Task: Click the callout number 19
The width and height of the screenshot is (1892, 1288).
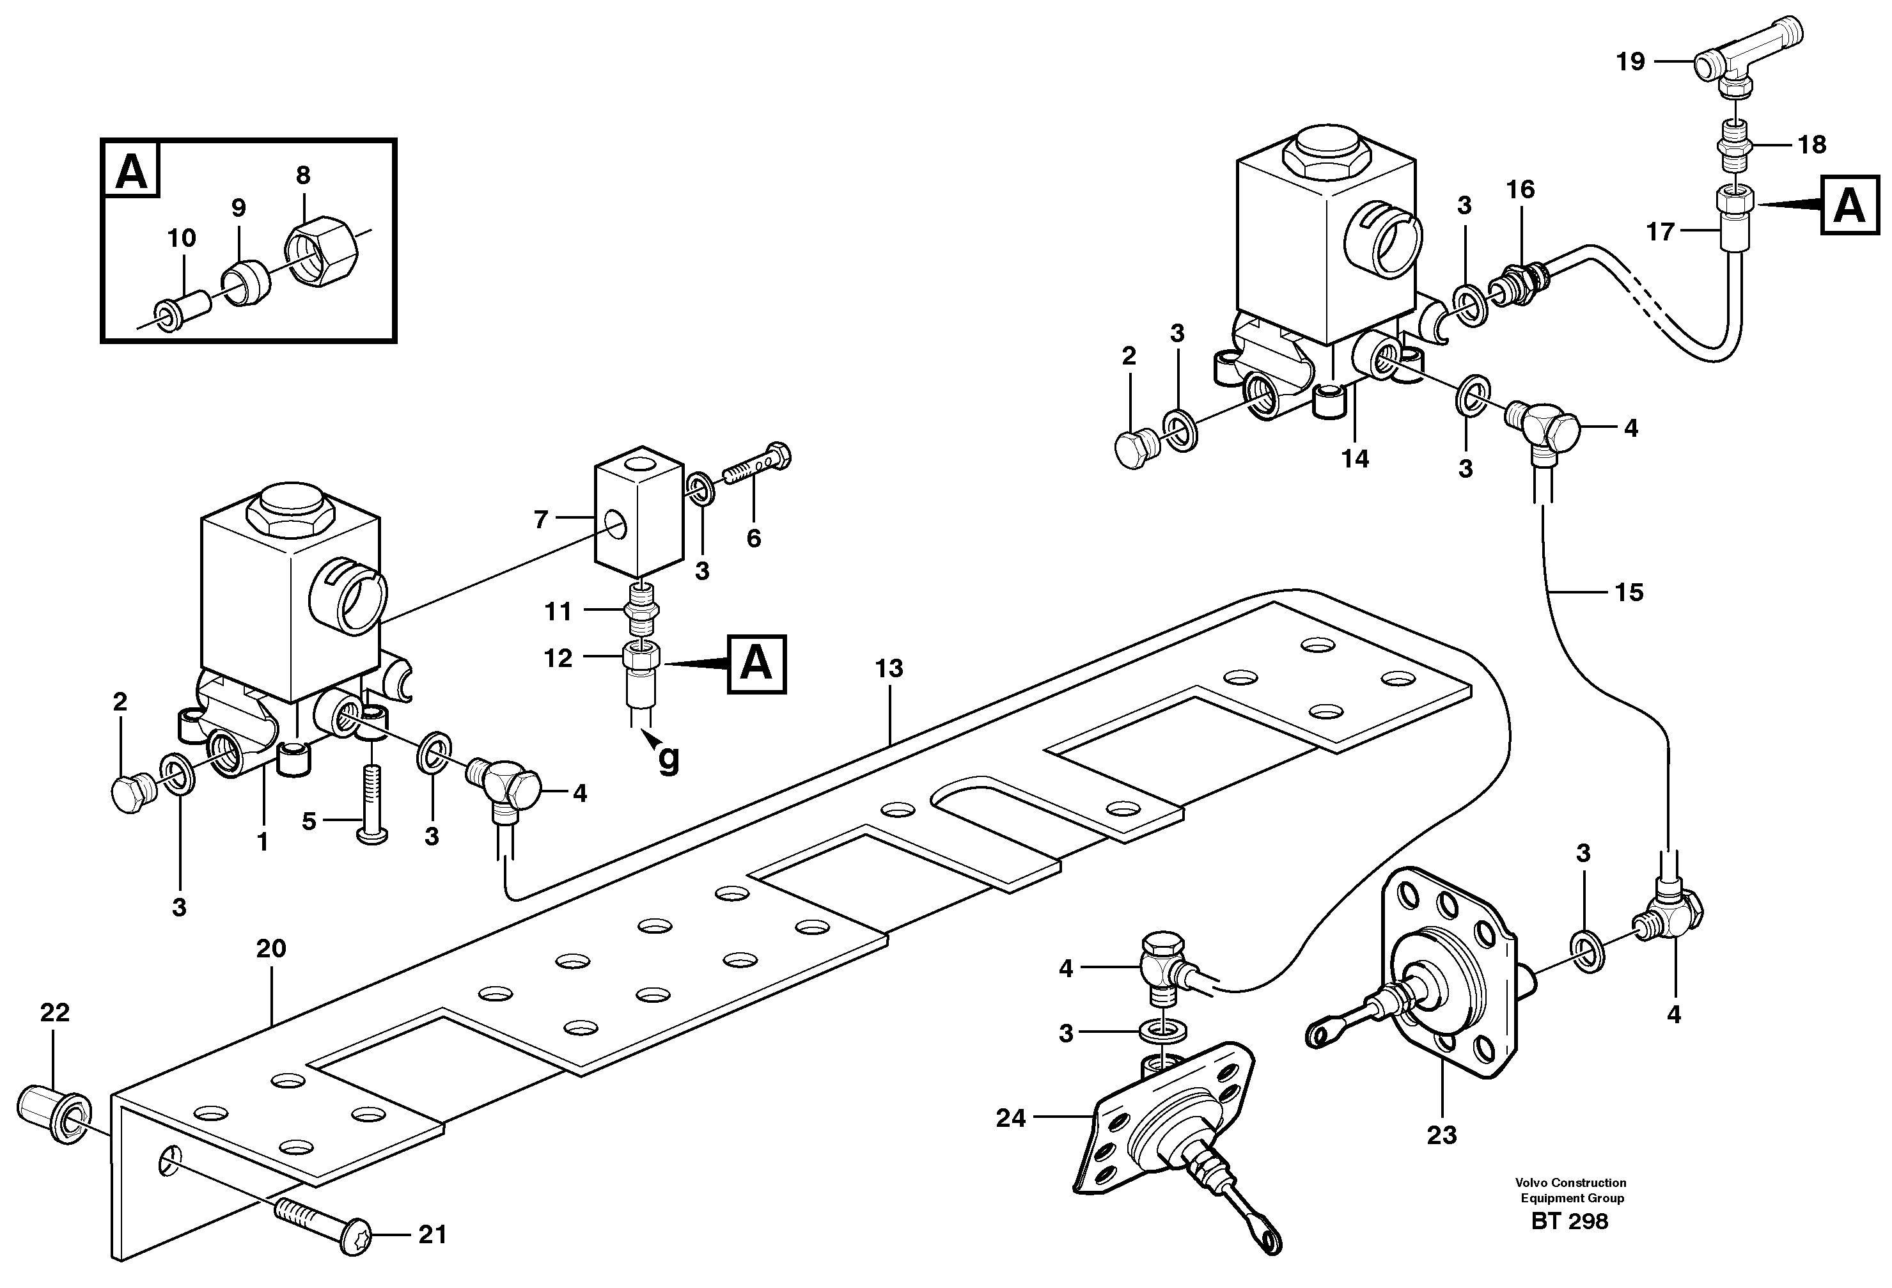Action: pyautogui.click(x=1630, y=62)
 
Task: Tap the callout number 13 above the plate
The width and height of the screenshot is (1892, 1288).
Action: pyautogui.click(x=889, y=668)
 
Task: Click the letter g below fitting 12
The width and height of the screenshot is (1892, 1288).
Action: pyautogui.click(x=668, y=759)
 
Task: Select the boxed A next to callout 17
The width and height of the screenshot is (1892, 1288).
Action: pyautogui.click(x=1850, y=205)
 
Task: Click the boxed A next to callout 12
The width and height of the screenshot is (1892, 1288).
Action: pyautogui.click(x=756, y=664)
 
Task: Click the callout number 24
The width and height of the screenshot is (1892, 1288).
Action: pyautogui.click(x=1011, y=1119)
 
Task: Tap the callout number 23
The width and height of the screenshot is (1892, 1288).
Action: pyautogui.click(x=1441, y=1135)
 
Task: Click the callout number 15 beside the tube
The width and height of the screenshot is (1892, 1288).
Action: pyautogui.click(x=1629, y=592)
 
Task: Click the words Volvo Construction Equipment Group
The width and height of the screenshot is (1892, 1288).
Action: pyautogui.click(x=1570, y=1190)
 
